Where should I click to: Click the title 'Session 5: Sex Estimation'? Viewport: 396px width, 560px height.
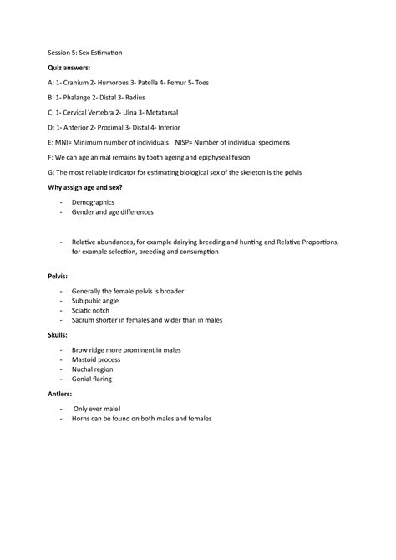pyautogui.click(x=85, y=53)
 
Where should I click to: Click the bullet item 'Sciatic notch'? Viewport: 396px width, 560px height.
pyautogui.click(x=94, y=310)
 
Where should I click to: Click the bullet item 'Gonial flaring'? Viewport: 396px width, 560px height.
pyautogui.click(x=95, y=379)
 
